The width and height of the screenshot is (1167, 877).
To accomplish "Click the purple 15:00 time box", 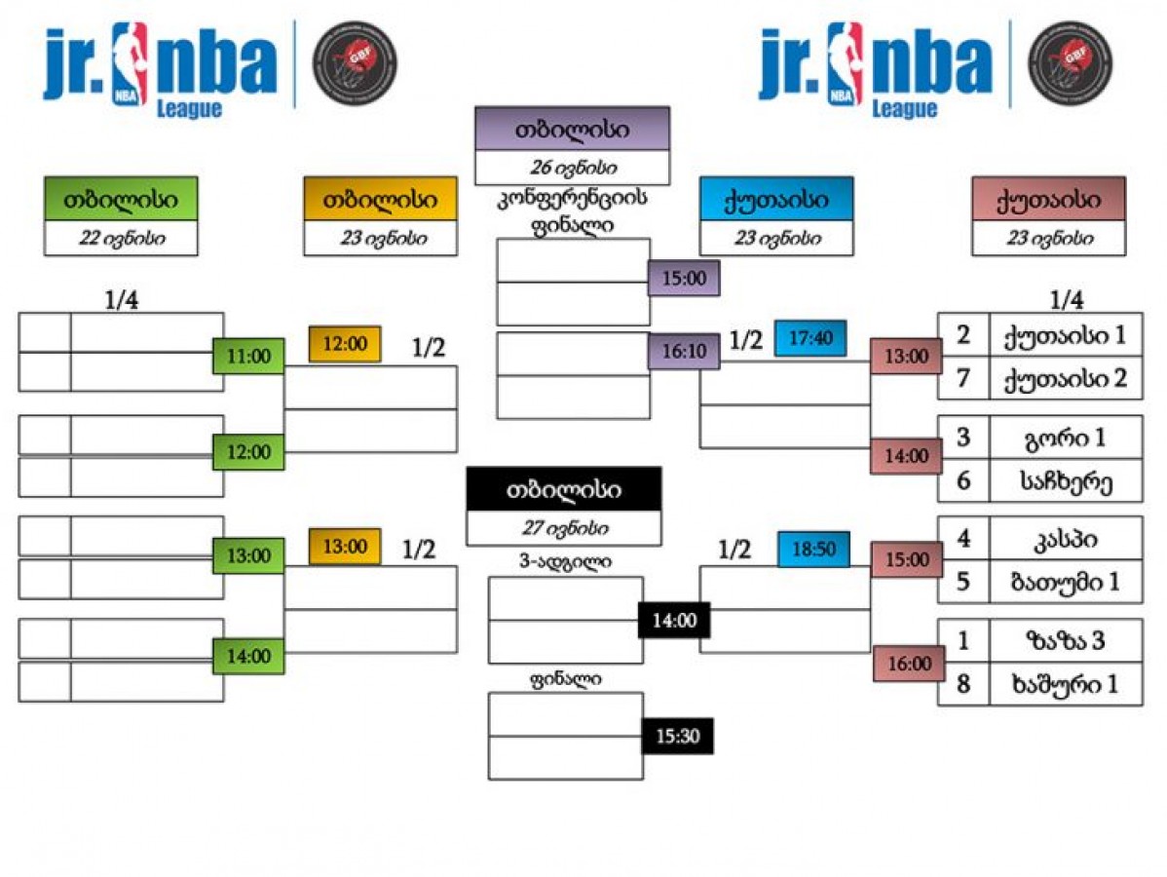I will pos(684,279).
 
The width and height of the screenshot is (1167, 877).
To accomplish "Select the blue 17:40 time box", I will pos(809,338).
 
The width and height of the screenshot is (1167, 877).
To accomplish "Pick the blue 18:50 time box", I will pos(813,550).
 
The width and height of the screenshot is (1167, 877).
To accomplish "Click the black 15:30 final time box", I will pos(677,737).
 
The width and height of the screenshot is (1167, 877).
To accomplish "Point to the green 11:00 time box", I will pos(248,357).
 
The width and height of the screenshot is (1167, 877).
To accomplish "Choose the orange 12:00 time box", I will pos(344,344).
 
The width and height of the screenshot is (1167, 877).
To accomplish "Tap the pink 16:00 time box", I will pos(907,665).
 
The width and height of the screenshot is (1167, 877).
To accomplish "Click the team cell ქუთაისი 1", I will pos(1065,335).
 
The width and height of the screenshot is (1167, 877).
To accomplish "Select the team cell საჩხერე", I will pos(1065,480).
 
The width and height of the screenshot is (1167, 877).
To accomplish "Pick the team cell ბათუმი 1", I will pos(1065,583).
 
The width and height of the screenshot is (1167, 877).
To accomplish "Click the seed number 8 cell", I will pos(963,684).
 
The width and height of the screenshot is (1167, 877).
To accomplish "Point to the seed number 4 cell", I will pos(963,539).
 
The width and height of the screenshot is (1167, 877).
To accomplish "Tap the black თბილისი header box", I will pos(563,489).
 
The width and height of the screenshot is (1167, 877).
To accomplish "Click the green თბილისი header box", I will pos(121,199).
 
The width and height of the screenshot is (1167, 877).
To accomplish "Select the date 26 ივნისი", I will pos(572,167).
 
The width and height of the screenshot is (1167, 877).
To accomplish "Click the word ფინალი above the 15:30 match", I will pos(565,679).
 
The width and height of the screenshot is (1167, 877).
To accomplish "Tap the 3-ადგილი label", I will pos(565,561).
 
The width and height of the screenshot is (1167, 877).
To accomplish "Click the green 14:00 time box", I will pos(248,657).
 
